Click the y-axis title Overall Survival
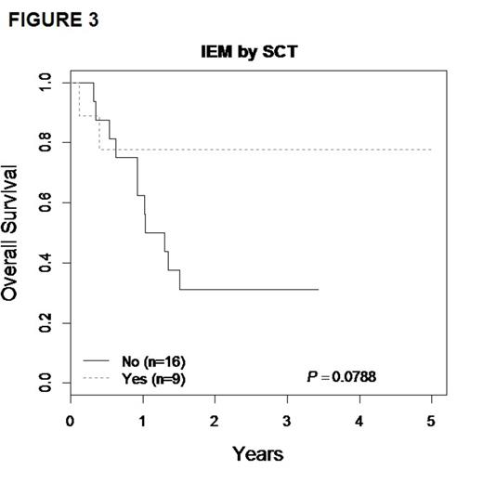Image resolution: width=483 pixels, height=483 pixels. pos(14,233)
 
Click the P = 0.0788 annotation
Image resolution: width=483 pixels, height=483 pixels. pos(342,376)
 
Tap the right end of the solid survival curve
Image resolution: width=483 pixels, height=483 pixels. pos(319,289)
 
